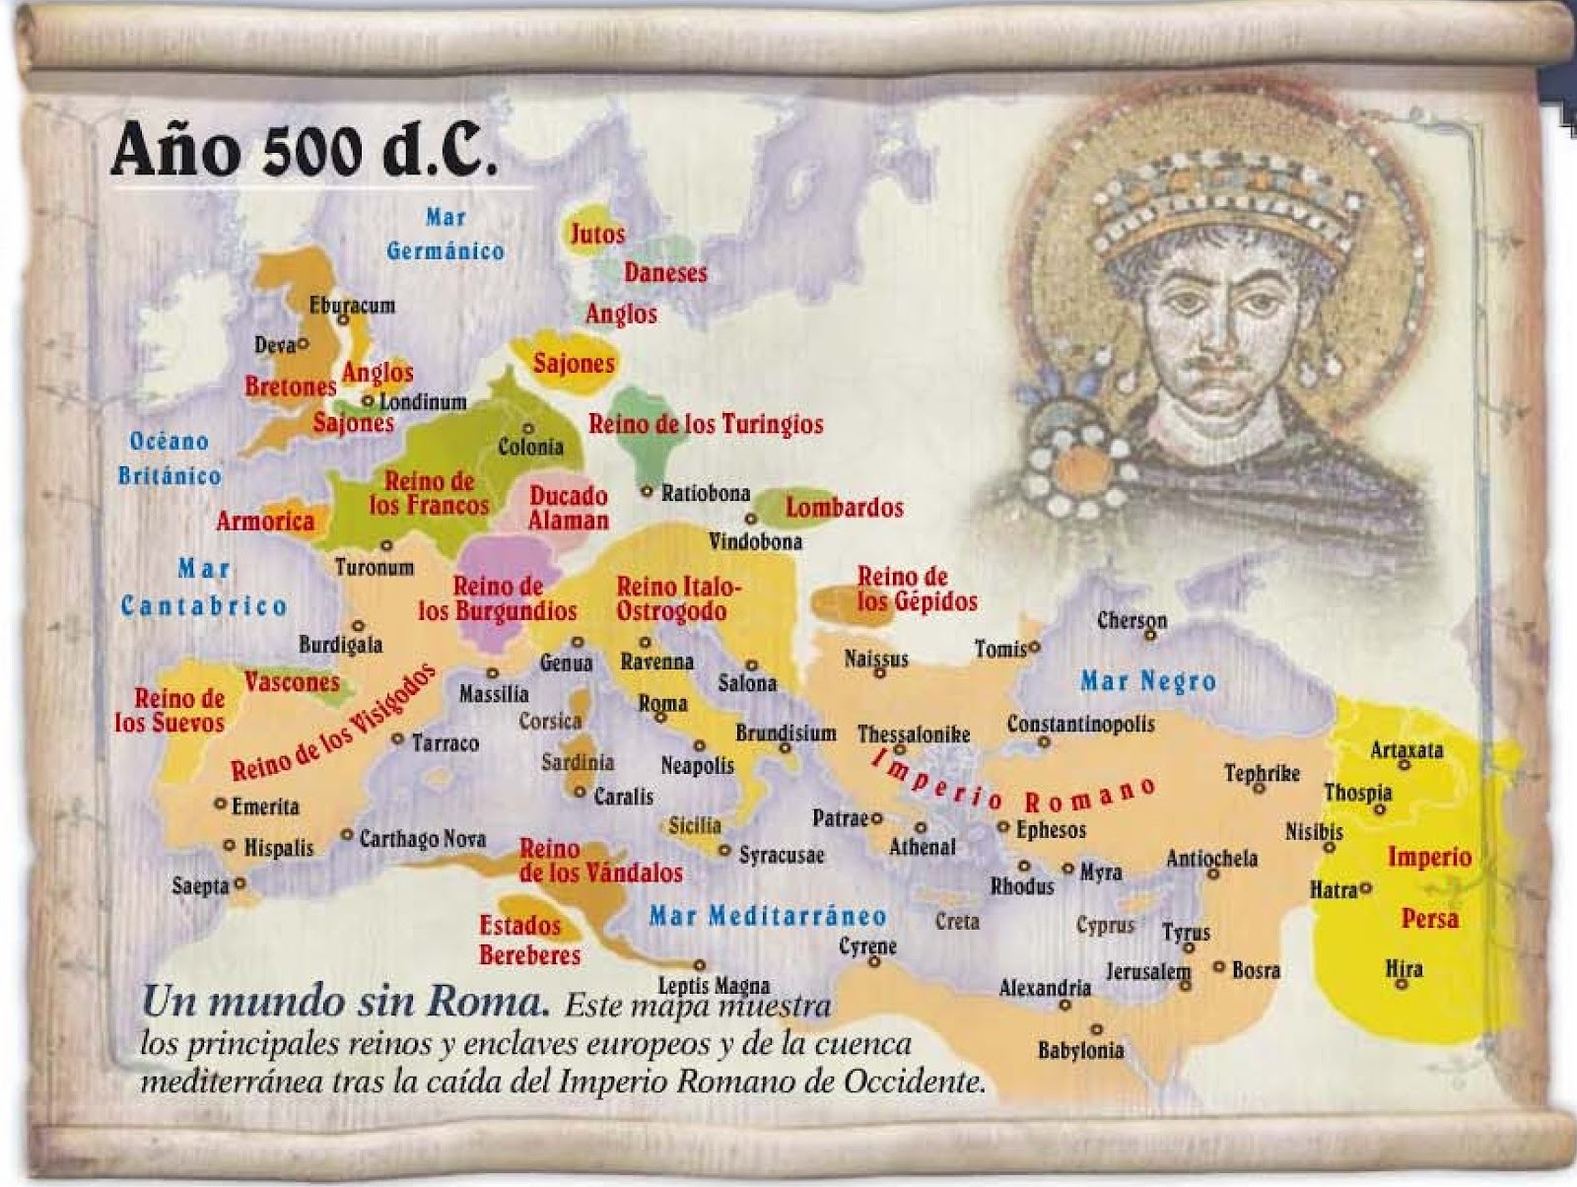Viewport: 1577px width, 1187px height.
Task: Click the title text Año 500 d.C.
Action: [x=304, y=150]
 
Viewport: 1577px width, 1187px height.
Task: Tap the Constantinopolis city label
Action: [x=1080, y=724]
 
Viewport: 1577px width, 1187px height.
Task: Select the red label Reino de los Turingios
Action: [x=706, y=424]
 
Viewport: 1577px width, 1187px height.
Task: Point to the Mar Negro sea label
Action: [x=1148, y=681]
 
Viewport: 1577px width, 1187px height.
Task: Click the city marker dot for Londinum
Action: [x=368, y=401]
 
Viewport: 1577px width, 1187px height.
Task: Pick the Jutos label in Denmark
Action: [x=597, y=234]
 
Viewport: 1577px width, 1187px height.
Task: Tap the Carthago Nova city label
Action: [x=422, y=839]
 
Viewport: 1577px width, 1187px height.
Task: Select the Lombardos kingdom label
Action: [x=844, y=508]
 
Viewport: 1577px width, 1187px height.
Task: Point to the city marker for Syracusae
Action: [x=724, y=851]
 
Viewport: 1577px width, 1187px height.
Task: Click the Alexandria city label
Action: [x=1045, y=987]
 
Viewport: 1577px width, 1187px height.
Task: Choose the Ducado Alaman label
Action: [x=569, y=508]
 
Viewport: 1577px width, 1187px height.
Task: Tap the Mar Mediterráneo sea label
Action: [x=768, y=916]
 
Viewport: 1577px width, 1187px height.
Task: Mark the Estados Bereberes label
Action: [x=529, y=940]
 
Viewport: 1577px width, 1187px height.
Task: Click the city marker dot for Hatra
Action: [x=1366, y=888]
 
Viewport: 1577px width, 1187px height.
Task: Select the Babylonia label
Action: [x=1080, y=1050]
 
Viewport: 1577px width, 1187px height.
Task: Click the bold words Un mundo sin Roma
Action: [x=346, y=1002]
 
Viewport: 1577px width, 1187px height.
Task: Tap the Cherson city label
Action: [x=1131, y=620]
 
